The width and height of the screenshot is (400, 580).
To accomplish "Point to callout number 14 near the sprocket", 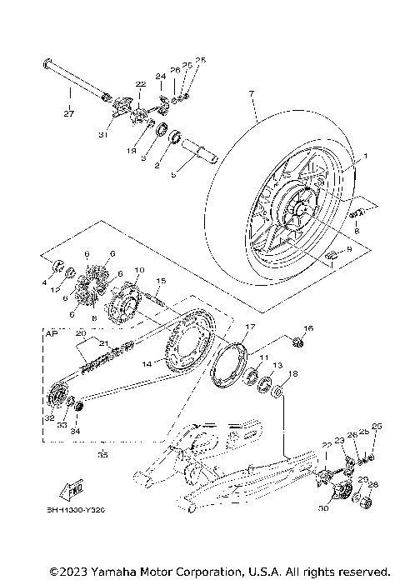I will (x=147, y=363).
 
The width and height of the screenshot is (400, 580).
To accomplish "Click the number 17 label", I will (x=248, y=327).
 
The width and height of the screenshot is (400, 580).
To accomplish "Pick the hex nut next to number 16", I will (x=300, y=341).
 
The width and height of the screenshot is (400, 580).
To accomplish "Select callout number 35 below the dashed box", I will (x=102, y=455).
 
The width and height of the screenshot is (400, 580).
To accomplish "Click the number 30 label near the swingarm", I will (x=322, y=506).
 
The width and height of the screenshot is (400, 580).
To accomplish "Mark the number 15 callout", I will (x=161, y=281).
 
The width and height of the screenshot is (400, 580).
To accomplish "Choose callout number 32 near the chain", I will (x=50, y=418).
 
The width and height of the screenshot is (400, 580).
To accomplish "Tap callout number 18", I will (x=291, y=374).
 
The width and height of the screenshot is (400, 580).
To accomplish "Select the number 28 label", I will (x=372, y=484).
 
